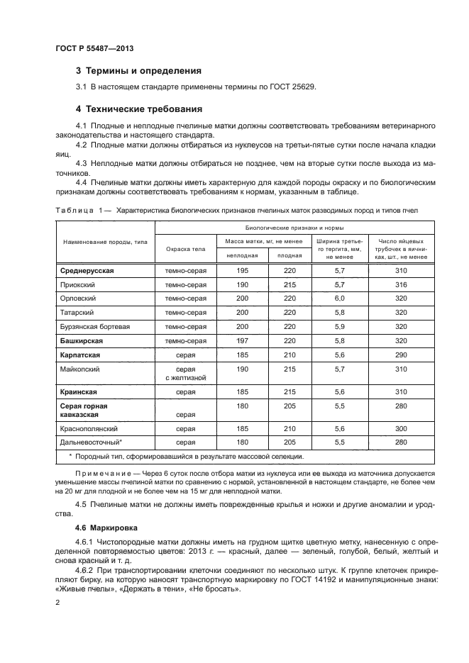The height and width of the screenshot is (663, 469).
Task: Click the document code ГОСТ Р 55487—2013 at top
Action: (94, 48)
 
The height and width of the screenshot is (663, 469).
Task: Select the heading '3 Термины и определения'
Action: (138, 71)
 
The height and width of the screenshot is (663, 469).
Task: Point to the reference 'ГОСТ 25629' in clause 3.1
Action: (291, 87)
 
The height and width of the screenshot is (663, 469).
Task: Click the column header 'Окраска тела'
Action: (185, 249)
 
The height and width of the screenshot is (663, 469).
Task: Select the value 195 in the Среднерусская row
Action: (242, 271)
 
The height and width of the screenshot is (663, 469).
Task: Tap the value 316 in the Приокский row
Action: (401, 284)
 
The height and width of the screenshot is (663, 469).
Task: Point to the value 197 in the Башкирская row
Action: (242, 340)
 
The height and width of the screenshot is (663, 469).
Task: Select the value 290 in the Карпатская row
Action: (401, 355)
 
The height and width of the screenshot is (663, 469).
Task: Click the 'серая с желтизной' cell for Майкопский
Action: (185, 374)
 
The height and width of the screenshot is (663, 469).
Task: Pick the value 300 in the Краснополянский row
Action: (401, 428)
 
